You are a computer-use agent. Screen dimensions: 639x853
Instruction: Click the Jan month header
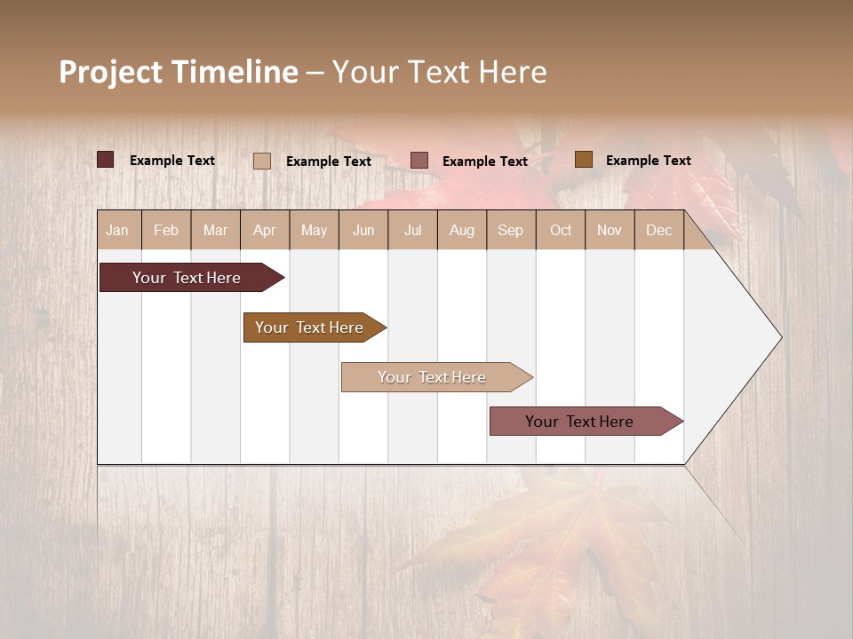click(117, 230)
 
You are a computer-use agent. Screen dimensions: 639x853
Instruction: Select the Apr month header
click(264, 230)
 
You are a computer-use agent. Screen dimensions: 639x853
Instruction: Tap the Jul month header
click(412, 230)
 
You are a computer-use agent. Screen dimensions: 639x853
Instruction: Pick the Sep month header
click(510, 230)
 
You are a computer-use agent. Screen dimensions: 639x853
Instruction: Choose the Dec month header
click(658, 230)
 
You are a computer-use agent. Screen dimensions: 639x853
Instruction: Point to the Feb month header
click(166, 230)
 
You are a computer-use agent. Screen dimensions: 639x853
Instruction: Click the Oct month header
click(561, 230)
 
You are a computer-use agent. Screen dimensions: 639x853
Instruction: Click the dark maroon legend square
click(105, 160)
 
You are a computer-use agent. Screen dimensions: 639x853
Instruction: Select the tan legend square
click(261, 161)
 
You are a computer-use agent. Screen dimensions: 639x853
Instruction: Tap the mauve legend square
click(419, 160)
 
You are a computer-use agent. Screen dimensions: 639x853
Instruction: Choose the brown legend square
click(583, 159)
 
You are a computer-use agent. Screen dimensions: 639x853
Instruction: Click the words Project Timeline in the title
click(179, 72)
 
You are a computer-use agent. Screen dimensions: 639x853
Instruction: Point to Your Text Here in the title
click(439, 72)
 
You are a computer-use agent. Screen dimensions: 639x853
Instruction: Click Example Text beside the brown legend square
click(648, 160)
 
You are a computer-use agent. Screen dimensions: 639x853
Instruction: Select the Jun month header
click(363, 230)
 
